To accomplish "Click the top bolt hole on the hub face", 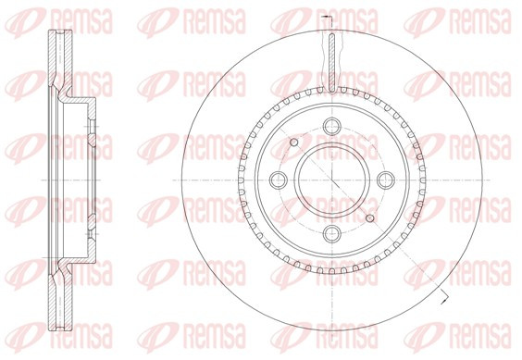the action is coord(332,126).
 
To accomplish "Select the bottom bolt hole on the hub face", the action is coord(332,234).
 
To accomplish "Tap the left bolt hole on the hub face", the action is coord(278,180).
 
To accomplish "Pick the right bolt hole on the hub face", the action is coord(386,180).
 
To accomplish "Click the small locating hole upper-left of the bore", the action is coord(293,143).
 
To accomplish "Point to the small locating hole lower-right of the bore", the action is coord(370,218).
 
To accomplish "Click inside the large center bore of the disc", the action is coord(332,180).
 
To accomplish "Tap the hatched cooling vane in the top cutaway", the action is coord(332,63).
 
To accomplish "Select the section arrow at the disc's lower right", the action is coord(443,297).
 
